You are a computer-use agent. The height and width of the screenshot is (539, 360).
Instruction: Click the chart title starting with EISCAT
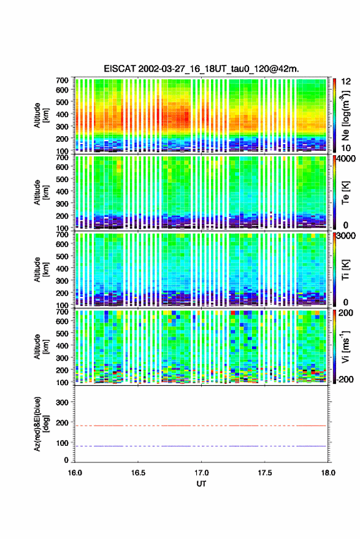(x=201, y=69)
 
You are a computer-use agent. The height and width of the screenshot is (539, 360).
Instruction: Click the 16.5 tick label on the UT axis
(x=138, y=473)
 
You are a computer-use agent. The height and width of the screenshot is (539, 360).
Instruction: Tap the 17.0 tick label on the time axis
(x=201, y=473)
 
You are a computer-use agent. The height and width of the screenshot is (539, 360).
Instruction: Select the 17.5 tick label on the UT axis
(x=264, y=473)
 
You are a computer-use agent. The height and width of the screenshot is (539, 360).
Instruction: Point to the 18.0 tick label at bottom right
(x=327, y=473)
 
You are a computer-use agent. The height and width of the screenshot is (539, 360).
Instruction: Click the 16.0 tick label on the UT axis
(x=75, y=473)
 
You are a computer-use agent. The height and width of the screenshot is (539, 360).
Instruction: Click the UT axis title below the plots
(x=201, y=484)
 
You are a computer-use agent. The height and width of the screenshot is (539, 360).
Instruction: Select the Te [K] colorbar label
(x=345, y=193)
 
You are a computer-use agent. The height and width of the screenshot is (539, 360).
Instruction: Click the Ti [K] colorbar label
(x=345, y=270)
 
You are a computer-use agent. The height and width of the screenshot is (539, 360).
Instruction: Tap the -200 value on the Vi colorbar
(x=344, y=380)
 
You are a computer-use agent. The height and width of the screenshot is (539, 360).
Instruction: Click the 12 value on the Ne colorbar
(x=346, y=82)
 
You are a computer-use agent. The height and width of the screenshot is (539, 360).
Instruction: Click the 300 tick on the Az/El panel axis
(x=62, y=402)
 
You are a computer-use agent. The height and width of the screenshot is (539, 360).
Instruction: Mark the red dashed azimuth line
(x=201, y=426)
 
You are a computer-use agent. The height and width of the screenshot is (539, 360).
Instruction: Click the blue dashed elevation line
(x=201, y=446)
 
